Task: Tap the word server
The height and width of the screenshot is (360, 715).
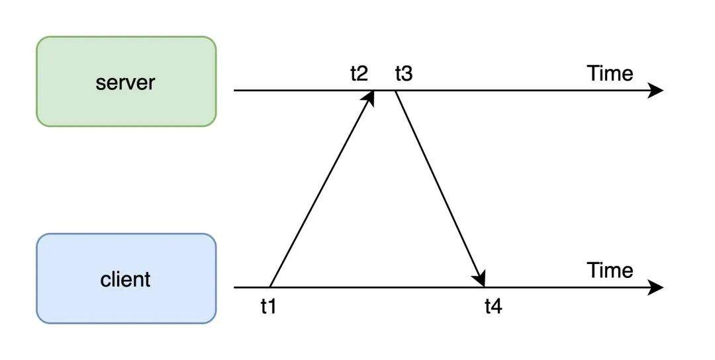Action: pos(126,83)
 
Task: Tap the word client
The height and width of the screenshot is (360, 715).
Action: pos(126,279)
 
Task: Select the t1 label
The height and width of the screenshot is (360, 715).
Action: pos(268,306)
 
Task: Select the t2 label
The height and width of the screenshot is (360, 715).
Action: pos(359,73)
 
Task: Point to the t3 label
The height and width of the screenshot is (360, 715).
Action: pos(403,73)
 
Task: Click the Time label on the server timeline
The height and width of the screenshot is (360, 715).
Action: pos(610,73)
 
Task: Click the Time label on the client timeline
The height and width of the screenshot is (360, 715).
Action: pos(610,270)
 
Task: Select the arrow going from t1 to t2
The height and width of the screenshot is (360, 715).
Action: pos(321,189)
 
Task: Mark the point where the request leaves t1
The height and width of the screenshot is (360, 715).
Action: pos(270,287)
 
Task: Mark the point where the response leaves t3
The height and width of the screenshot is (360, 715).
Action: pos(396,91)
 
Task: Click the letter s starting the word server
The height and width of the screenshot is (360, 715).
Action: pos(99,83)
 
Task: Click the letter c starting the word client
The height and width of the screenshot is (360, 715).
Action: pos(105,280)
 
